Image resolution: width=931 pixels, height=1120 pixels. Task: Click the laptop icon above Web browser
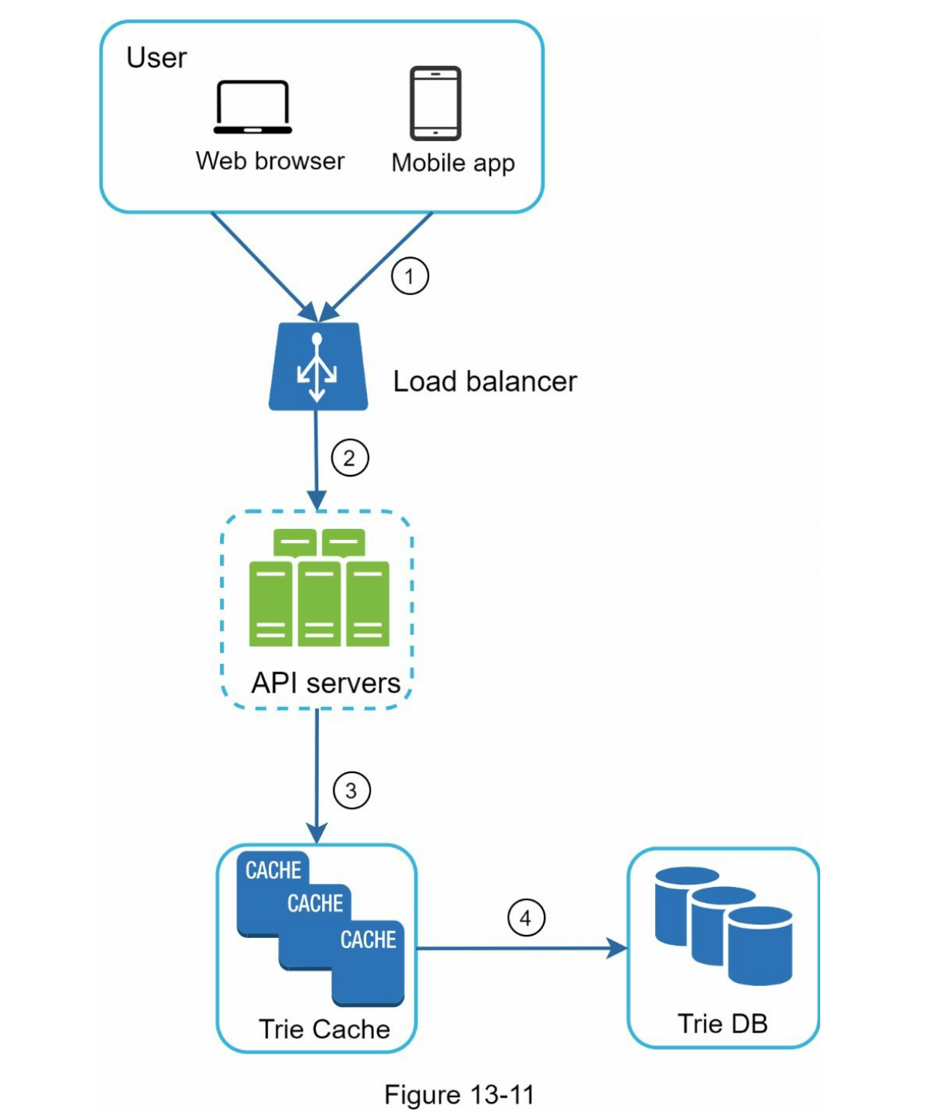pos(253,108)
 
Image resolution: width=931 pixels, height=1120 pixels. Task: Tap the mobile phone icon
pos(435,104)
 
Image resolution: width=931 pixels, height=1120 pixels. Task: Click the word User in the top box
pos(156,58)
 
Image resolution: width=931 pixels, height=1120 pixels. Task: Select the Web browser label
pos(270,161)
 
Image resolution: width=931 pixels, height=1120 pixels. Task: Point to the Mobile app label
pos(453,163)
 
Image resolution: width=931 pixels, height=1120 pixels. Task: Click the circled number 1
pos(410,276)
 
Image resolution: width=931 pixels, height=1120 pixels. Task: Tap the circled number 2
pos(350,458)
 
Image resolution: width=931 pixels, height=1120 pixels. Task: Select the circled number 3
pos(352,791)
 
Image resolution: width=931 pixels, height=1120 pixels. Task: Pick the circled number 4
pos(526,918)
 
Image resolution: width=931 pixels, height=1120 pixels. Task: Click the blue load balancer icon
pos(318,366)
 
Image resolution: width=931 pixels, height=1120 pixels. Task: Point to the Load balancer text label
pos(485,382)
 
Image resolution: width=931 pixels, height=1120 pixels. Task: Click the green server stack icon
pos(318,588)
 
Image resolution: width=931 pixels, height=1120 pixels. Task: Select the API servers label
pos(326,683)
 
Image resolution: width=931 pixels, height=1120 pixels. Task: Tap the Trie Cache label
pos(324,1029)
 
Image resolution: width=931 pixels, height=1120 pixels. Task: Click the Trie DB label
pos(723,1024)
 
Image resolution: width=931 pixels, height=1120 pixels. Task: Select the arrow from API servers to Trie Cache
pos(317,775)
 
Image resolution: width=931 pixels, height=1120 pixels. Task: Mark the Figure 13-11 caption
pos(459,1095)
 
